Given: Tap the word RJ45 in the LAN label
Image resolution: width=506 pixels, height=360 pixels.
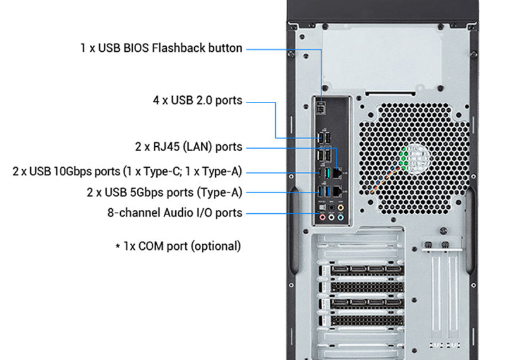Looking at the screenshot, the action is click(x=166, y=147).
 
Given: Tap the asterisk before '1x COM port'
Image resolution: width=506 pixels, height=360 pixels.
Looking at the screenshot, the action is click(x=118, y=246).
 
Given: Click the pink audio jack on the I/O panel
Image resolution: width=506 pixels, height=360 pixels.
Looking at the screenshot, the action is click(x=323, y=217).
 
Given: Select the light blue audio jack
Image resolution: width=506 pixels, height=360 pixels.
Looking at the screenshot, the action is click(x=340, y=217).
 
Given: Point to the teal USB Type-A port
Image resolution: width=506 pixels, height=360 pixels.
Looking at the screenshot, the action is click(x=327, y=173).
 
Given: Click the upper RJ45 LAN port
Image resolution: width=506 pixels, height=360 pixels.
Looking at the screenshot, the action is click(x=337, y=173).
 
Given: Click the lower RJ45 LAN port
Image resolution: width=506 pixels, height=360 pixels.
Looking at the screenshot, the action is click(x=337, y=192).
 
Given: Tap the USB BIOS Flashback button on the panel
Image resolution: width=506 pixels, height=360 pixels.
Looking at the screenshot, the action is click(x=321, y=109).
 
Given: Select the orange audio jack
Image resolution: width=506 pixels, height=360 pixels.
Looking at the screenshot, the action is click(x=340, y=208).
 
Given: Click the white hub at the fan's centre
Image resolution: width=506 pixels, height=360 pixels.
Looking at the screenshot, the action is click(x=417, y=158).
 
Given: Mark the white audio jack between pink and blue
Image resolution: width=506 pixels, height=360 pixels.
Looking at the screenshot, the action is click(x=331, y=217).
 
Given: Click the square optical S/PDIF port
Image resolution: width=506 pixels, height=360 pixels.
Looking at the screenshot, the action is click(x=323, y=208).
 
